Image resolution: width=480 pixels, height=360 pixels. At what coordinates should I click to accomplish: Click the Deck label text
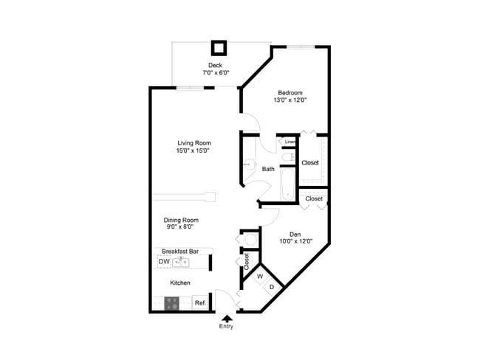(x=215, y=66)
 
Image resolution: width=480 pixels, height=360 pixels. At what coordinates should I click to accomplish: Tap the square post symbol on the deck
(x=219, y=49)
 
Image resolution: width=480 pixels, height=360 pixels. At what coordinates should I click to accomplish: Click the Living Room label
(x=193, y=143)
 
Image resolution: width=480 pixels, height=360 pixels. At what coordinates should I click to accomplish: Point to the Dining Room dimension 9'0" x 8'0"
(x=182, y=227)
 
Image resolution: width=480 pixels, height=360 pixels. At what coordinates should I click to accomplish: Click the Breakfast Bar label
(x=182, y=251)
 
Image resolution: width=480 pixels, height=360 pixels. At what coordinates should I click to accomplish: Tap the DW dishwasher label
(x=163, y=262)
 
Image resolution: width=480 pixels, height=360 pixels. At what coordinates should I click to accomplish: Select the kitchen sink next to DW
(x=179, y=262)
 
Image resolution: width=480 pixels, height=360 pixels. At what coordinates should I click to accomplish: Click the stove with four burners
(x=172, y=302)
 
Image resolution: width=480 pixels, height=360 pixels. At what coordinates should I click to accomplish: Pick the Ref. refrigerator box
(x=200, y=302)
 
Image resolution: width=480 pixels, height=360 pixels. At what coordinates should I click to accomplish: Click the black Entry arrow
(x=226, y=318)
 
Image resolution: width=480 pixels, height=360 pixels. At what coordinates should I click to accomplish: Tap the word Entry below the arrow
(x=226, y=327)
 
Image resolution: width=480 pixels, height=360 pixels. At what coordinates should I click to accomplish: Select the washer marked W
(x=259, y=277)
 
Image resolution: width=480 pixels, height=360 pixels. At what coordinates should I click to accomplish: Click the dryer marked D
(x=271, y=287)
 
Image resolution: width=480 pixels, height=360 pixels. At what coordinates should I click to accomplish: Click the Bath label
(x=268, y=169)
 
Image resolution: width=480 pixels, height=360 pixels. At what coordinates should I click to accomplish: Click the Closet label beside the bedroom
(x=310, y=162)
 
